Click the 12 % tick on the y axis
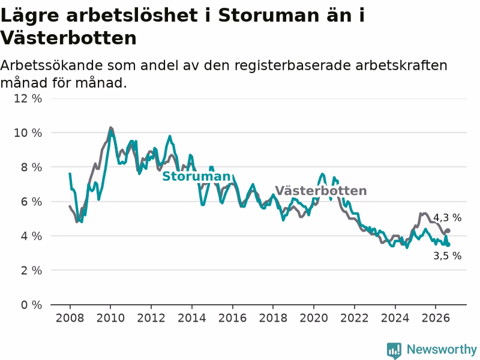click(28, 98)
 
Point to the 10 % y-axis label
click(28, 133)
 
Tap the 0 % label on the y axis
click(31, 305)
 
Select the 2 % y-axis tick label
click(31, 271)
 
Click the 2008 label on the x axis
click(70, 318)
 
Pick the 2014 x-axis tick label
click(191, 318)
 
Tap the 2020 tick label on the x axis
click(313, 318)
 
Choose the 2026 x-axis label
click(436, 318)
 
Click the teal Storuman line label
click(196, 176)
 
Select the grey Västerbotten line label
click(321, 191)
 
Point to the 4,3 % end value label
click(447, 218)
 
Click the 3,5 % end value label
click(447, 256)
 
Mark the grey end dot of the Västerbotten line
click(448, 230)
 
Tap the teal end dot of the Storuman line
click(448, 244)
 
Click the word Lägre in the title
click(30, 16)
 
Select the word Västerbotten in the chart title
click(68, 38)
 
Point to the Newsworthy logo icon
click(394, 350)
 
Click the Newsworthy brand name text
click(442, 349)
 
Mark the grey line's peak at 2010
click(110, 128)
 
